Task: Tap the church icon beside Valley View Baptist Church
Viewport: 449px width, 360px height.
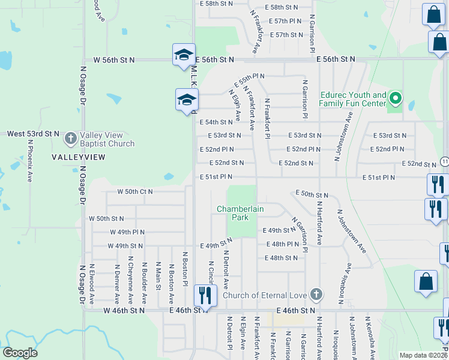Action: click(x=70, y=139)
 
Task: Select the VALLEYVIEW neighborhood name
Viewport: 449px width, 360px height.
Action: click(x=78, y=157)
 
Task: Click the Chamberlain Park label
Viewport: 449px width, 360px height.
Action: click(x=241, y=213)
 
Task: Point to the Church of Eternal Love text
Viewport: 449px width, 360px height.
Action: click(x=265, y=295)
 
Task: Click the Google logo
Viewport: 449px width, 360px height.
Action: click(x=20, y=353)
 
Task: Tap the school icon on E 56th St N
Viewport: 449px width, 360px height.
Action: click(x=182, y=55)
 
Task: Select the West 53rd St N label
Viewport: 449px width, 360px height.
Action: click(x=33, y=133)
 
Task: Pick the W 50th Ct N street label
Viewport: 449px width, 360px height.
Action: click(x=134, y=192)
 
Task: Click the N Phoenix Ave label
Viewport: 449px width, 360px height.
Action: click(x=29, y=161)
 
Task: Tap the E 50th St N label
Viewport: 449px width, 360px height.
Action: click(x=312, y=195)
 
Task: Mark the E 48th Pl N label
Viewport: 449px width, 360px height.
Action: click(x=282, y=244)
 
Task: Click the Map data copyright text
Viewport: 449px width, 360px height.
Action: click(x=423, y=355)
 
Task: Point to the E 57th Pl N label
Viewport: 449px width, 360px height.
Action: click(x=285, y=21)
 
